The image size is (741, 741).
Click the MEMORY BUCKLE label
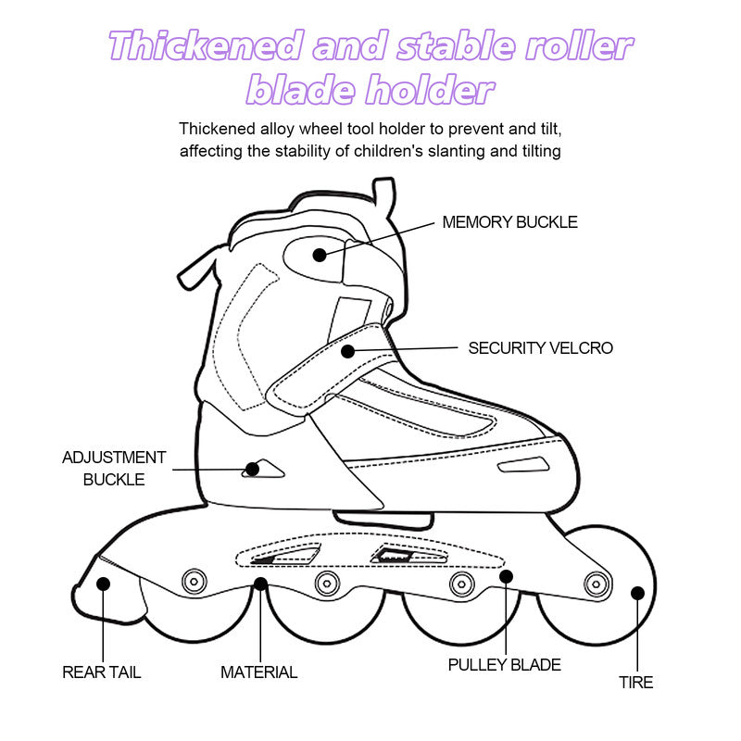coord(510,222)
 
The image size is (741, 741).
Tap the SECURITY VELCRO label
coord(541,348)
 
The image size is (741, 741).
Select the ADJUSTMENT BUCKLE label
coord(114,469)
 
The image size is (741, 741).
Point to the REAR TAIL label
coord(102,672)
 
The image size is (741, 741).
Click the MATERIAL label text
coord(259,672)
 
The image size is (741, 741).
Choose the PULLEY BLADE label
coord(504,665)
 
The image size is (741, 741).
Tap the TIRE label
coord(636,683)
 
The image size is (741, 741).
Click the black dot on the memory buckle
coord(320,256)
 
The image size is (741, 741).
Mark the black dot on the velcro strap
coord(348,351)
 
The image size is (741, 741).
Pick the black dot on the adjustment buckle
coord(252,470)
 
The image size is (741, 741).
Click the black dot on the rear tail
coord(103,584)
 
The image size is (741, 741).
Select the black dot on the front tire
coord(637,593)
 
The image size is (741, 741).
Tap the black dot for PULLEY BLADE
coord(506,576)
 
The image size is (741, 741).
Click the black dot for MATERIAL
coord(260,584)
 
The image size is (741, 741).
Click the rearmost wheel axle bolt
coord(195,582)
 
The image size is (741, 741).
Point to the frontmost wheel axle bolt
coord(597,584)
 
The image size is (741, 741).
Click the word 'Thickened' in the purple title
coord(205,45)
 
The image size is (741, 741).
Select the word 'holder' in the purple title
coord(431,89)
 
